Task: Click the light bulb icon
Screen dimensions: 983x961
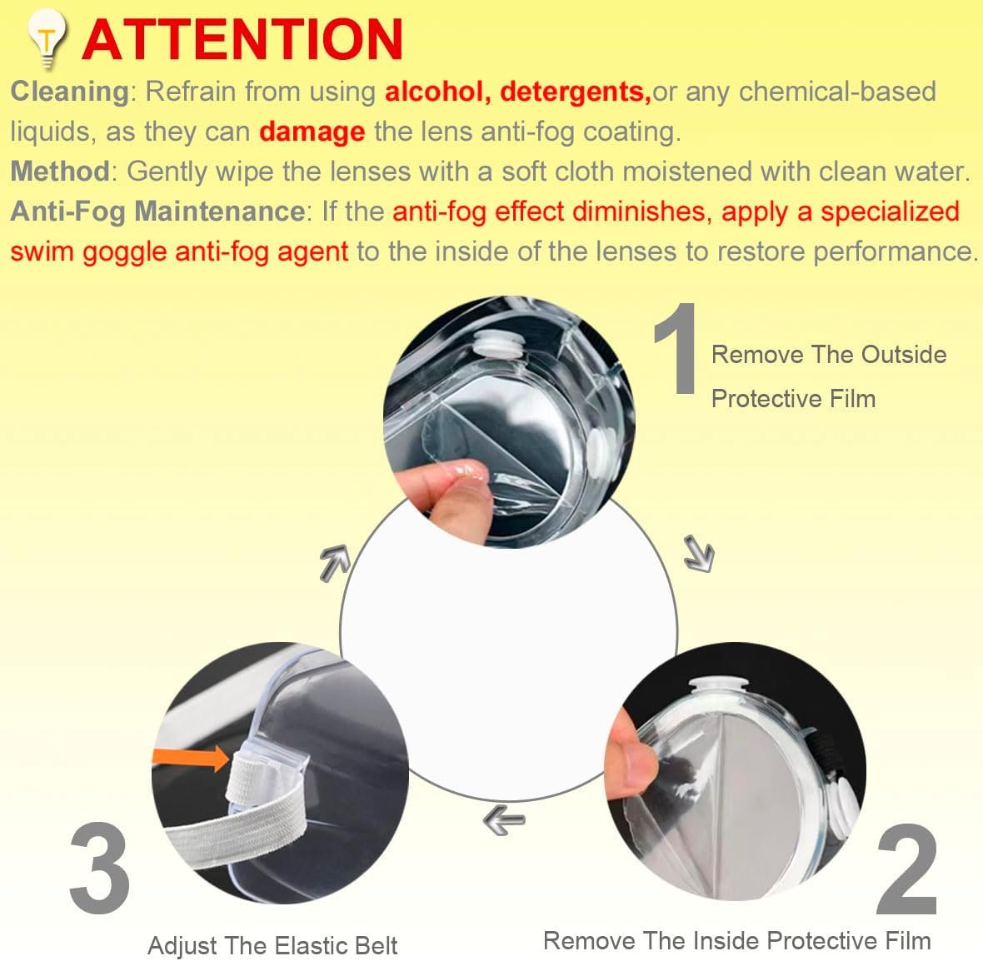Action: coord(47,37)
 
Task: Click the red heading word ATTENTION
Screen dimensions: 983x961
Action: coord(242,39)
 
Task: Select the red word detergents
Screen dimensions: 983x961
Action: coord(576,92)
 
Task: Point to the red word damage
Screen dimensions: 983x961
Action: coord(312,132)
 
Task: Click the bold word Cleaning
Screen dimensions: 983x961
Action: coord(70,92)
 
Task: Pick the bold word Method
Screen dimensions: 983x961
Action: coord(60,172)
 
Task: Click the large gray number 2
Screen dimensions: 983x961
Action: coord(906,870)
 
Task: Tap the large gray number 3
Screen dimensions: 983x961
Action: coord(99,869)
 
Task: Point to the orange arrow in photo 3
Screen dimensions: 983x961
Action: coord(192,759)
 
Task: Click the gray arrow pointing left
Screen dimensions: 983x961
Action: coord(504,820)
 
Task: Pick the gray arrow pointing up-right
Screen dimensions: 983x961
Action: coord(335,561)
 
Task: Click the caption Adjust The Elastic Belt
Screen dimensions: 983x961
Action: coord(272,945)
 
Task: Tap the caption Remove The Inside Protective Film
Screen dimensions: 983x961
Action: coord(737,941)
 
